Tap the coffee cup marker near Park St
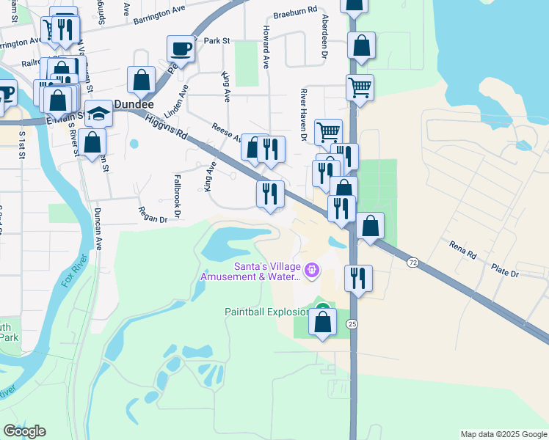click(181, 50)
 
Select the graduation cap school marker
click(98, 114)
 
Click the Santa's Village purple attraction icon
click(313, 271)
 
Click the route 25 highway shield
click(353, 323)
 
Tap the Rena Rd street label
click(463, 250)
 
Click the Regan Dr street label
click(153, 213)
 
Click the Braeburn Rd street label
click(294, 13)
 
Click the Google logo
click(24, 431)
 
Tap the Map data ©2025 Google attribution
click(503, 434)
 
